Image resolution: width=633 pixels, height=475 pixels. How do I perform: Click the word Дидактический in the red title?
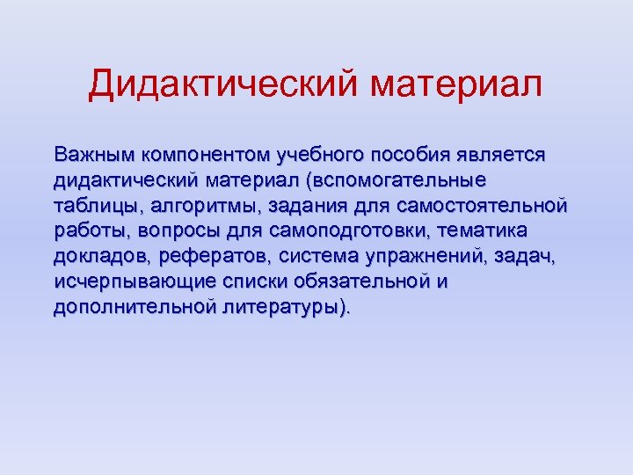(x=223, y=84)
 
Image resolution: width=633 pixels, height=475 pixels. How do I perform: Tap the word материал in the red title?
(x=456, y=84)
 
